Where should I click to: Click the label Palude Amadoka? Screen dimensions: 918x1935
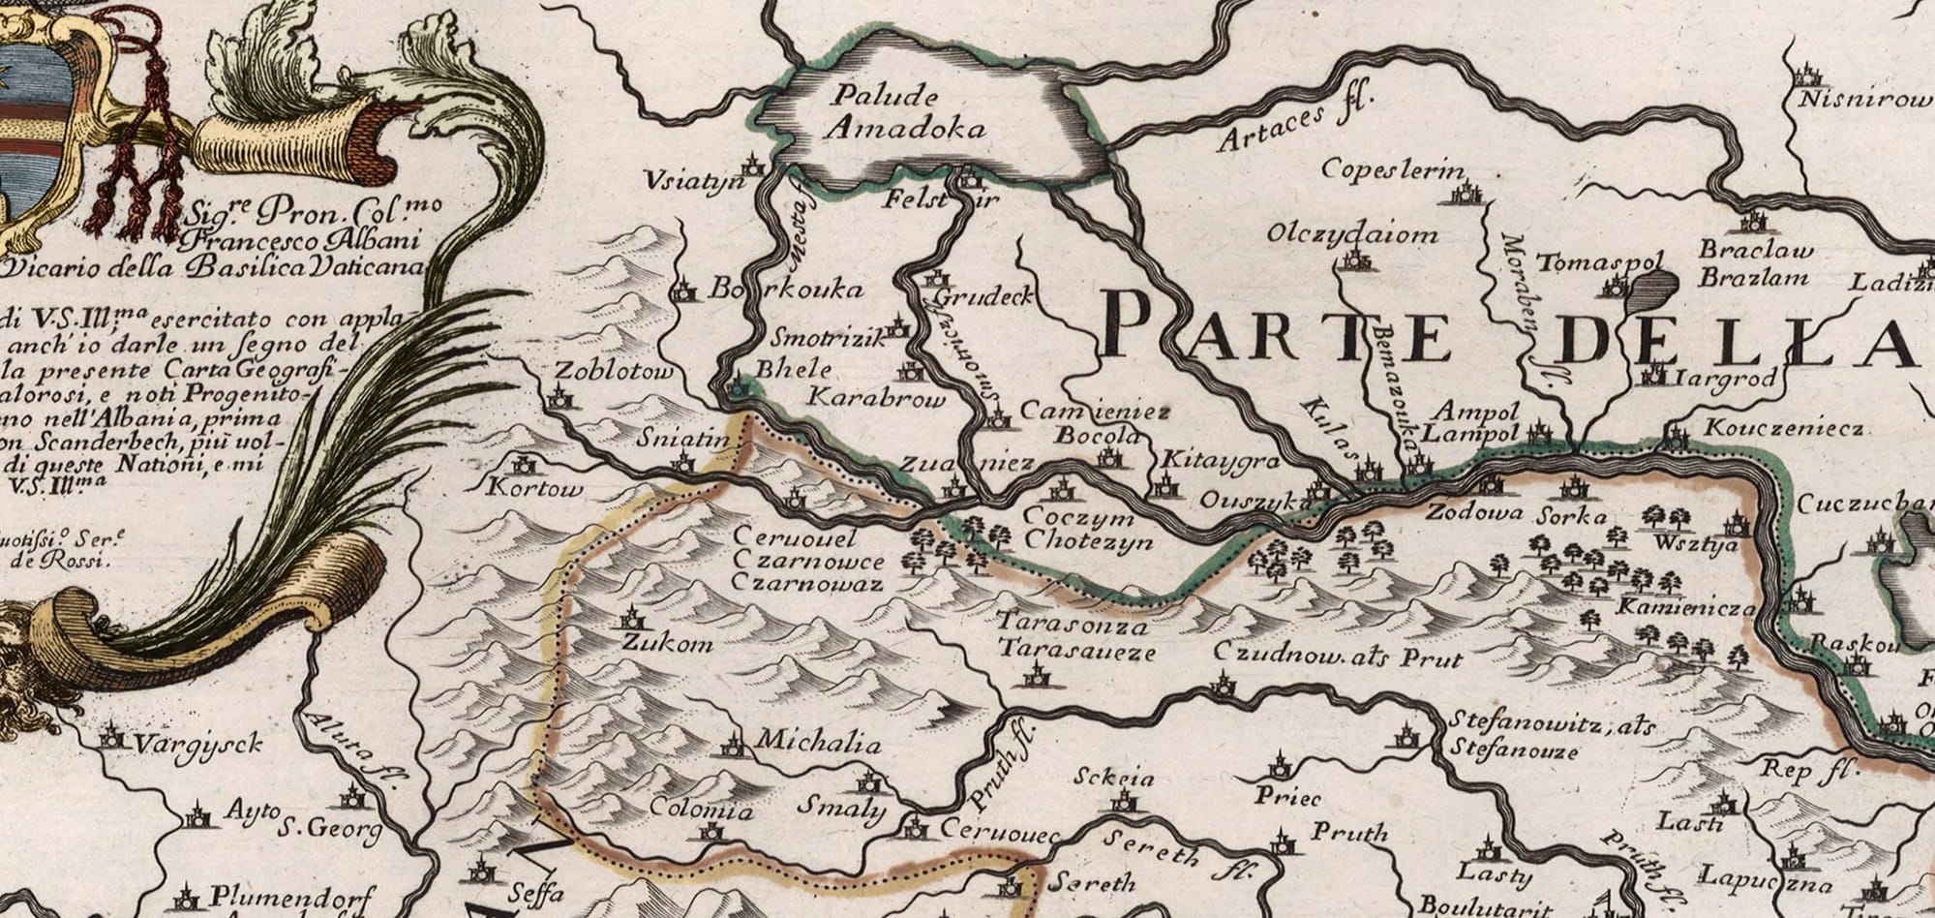pyautogui.click(x=895, y=112)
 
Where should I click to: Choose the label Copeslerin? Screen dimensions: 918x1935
pyautogui.click(x=1393, y=169)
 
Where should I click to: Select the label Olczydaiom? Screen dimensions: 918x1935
pyautogui.click(x=1352, y=235)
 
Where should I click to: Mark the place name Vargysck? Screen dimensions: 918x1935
pyautogui.click(x=197, y=745)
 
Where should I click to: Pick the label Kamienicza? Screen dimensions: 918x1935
pyautogui.click(x=1686, y=609)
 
